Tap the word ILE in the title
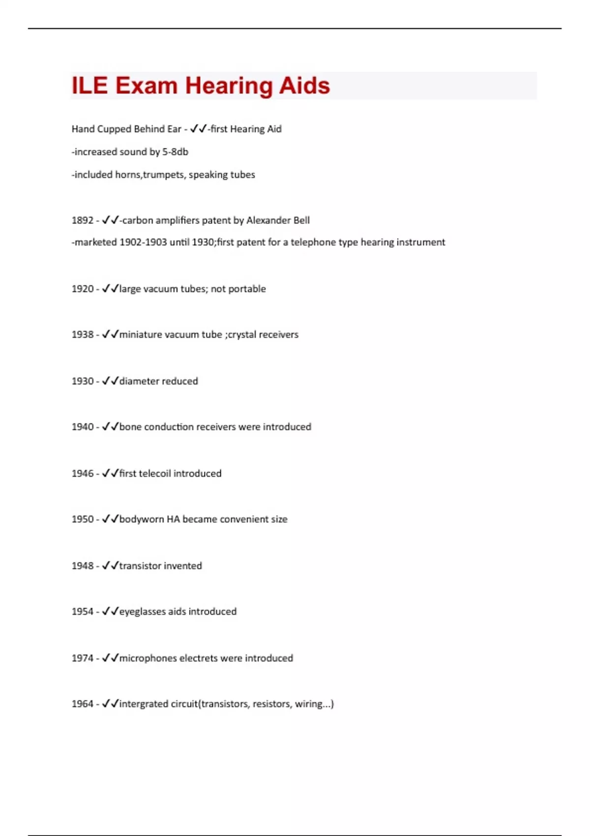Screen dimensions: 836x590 89,86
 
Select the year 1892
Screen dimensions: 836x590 82,220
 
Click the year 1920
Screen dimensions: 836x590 82,289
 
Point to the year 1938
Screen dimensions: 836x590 82,334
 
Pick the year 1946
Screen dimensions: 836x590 82,474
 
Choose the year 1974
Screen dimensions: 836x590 82,658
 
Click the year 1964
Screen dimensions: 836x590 82,704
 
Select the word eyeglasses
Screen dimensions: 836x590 142,612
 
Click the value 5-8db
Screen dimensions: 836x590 175,152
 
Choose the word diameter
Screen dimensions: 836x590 139,381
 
